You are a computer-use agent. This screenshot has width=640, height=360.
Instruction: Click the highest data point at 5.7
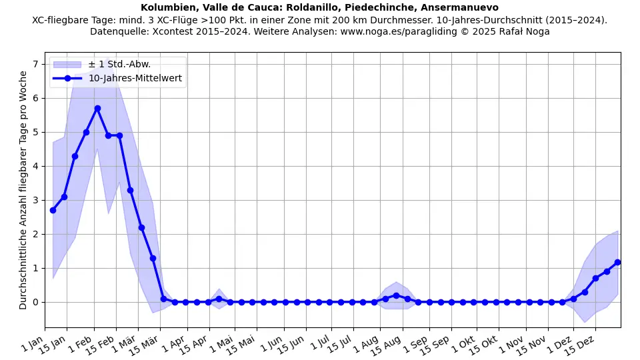click(97, 108)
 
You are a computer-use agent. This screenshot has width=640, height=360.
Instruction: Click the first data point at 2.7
click(53, 210)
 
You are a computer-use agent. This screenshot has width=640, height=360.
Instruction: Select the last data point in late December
click(617, 262)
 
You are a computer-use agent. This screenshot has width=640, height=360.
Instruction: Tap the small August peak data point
click(396, 295)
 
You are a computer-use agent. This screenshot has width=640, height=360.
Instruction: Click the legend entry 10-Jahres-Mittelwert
click(135, 79)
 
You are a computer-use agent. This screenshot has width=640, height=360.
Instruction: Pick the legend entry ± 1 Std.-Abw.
click(119, 64)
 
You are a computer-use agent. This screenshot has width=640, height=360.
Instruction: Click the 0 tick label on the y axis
click(36, 302)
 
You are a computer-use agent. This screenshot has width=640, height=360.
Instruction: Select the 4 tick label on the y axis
click(36, 166)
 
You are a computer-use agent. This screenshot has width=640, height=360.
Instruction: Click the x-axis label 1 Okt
click(465, 344)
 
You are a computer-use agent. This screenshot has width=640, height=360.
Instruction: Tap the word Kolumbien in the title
click(167, 7)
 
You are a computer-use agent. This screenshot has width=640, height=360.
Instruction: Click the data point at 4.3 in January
click(75, 156)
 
